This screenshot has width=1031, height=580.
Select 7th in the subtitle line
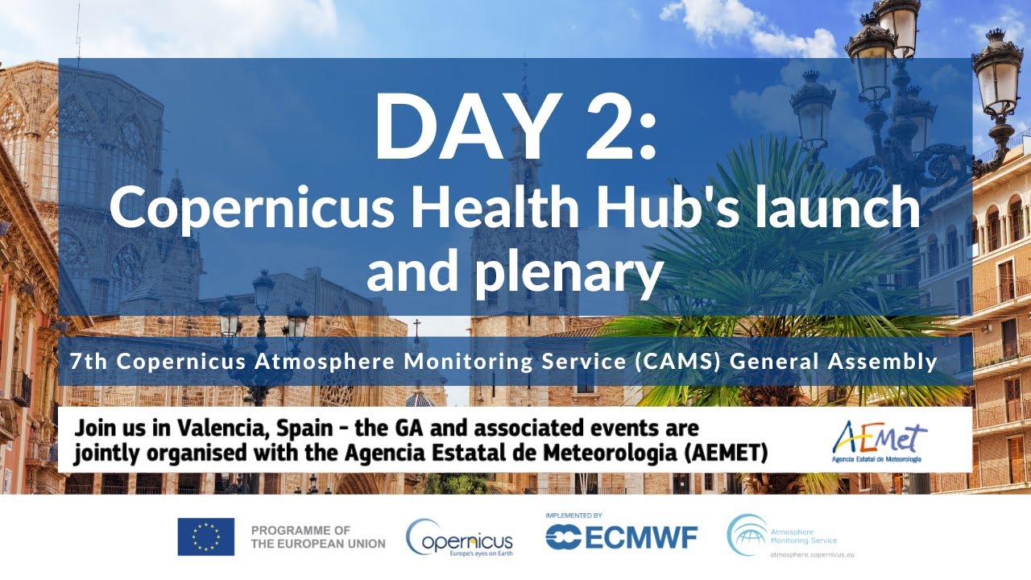89,362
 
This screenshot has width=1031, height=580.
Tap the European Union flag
206,536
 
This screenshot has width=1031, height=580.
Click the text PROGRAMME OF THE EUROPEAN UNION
318,536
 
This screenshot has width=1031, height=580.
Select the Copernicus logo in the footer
460,537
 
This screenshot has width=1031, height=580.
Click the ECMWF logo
621,537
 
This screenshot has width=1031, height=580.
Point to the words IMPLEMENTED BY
573,515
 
